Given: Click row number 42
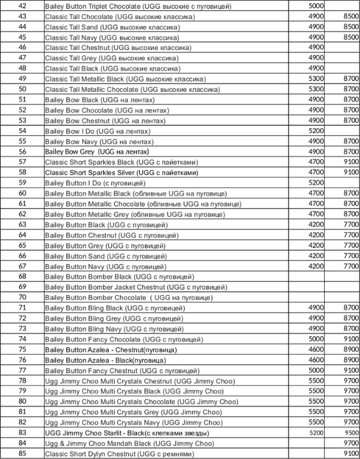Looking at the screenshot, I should pyautogui.click(x=23, y=5).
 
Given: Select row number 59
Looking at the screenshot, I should pyautogui.click(x=23, y=182).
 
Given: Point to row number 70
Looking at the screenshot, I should pyautogui.click(x=23, y=297).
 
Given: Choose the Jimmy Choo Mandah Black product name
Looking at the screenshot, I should pyautogui.click(x=129, y=443).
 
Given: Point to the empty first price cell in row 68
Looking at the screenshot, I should pyautogui.click(x=306, y=277).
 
